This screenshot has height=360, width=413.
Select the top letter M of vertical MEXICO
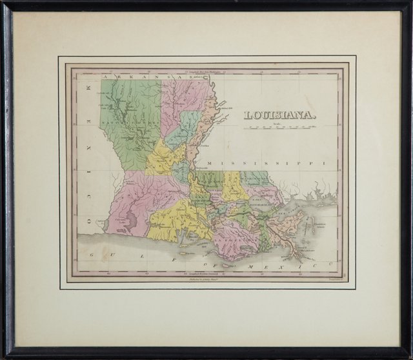pyautogui.click(x=83, y=85)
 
